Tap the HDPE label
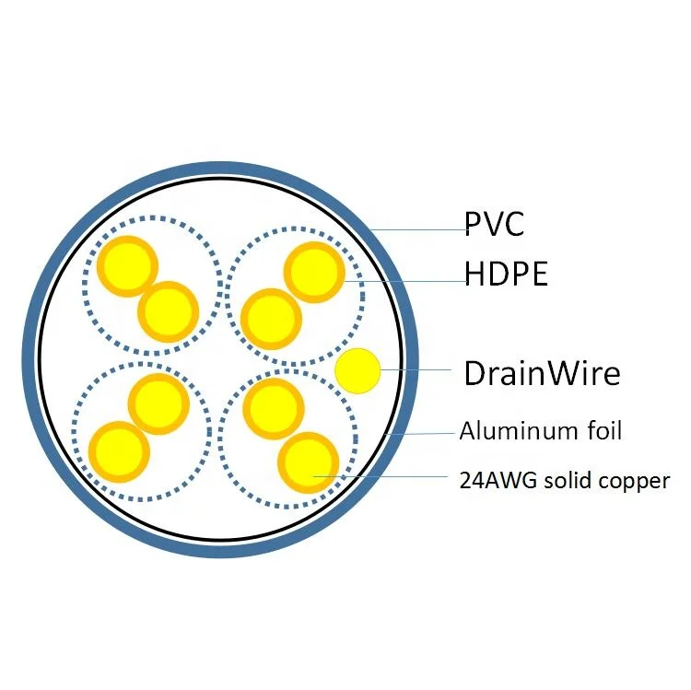click(x=506, y=274)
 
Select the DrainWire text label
click(x=542, y=373)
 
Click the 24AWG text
click(x=489, y=480)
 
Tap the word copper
click(x=637, y=481)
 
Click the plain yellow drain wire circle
click(x=357, y=372)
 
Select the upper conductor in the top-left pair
click(x=128, y=265)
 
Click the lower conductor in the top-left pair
click(x=168, y=310)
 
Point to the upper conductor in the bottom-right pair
click(x=273, y=405)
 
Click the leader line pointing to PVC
click(x=419, y=230)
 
